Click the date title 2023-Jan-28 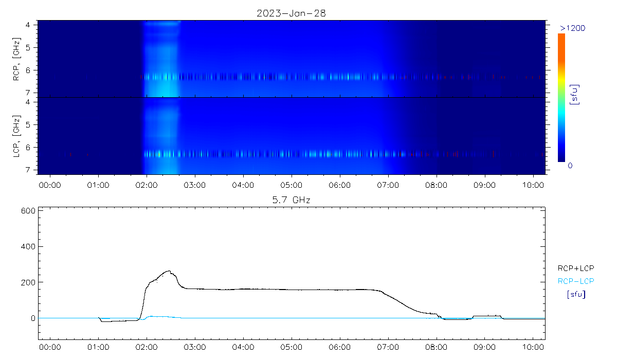(x=291, y=13)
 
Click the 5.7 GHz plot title (x=291, y=200)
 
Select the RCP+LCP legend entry (x=575, y=268)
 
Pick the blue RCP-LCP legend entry (x=575, y=281)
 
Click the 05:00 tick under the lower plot (x=291, y=347)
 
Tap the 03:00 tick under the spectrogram (x=194, y=184)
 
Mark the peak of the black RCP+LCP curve (x=169, y=271)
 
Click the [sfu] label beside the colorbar (x=576, y=94)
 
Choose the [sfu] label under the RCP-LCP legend (x=575, y=295)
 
